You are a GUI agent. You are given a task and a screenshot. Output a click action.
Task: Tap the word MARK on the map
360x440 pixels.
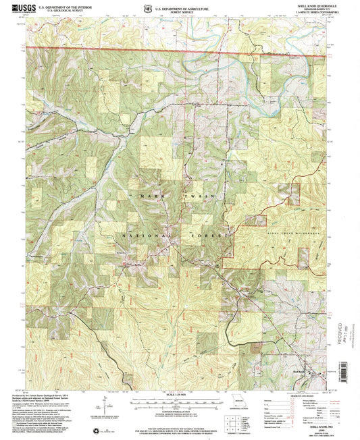pyautogui.click(x=149, y=196)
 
